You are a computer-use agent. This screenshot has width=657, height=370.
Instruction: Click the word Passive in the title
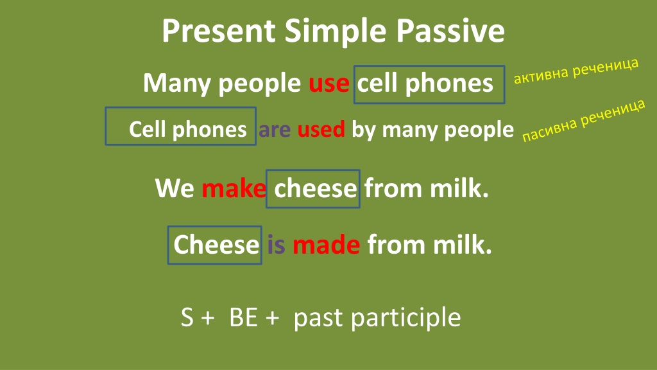(x=450, y=31)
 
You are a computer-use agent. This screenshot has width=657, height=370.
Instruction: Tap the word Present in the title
(x=219, y=31)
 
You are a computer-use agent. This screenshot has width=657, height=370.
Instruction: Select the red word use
(x=329, y=84)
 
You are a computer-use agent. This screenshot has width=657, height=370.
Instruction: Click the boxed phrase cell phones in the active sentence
(x=425, y=84)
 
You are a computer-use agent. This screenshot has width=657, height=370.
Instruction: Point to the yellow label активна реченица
(x=576, y=71)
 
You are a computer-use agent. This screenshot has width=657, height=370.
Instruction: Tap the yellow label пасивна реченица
(x=584, y=120)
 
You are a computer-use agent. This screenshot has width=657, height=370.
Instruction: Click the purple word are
(x=275, y=130)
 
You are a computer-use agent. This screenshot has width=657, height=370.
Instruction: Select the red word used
(x=321, y=128)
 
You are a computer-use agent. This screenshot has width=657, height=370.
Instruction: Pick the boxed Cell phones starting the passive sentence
(x=188, y=129)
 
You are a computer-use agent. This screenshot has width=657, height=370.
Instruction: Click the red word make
(x=234, y=188)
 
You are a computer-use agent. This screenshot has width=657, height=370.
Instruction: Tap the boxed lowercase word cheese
(x=316, y=188)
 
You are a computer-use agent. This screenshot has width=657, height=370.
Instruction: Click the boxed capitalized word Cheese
(x=216, y=244)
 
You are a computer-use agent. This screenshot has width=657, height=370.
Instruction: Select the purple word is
(x=276, y=244)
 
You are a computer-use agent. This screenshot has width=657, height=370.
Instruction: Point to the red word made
(x=326, y=244)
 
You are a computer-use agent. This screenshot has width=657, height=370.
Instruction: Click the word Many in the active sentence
(x=177, y=84)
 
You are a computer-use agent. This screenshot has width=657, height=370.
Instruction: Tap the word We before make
(x=175, y=188)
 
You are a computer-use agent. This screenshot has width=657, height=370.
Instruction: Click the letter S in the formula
(x=187, y=317)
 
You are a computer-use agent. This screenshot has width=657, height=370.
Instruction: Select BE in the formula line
(x=243, y=317)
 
